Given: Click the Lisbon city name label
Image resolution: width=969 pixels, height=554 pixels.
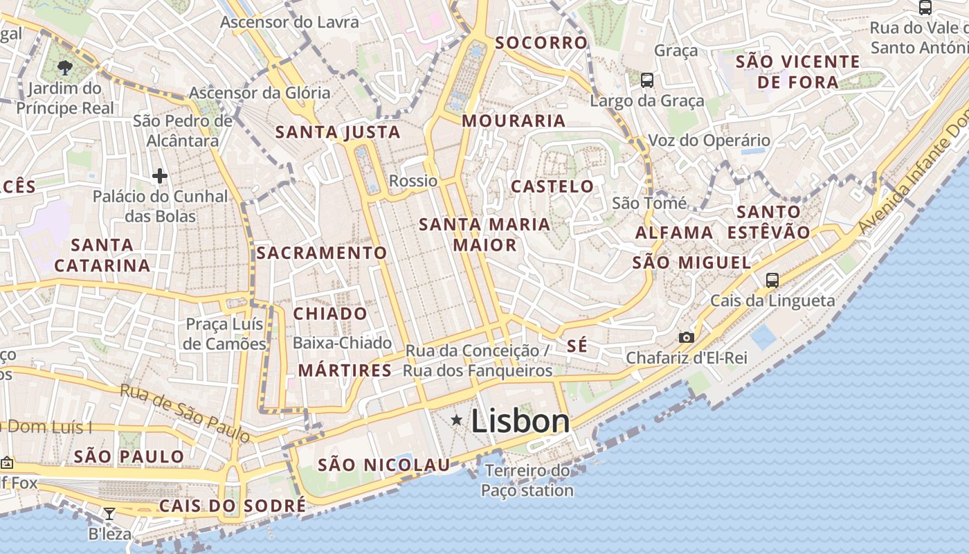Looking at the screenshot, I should tap(520, 421).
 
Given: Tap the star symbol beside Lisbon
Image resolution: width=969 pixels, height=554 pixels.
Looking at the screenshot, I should tap(457, 420).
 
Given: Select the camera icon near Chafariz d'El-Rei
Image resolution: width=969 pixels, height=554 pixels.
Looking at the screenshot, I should tap(686, 337).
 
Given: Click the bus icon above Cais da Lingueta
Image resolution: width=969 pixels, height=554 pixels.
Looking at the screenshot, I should tap(772, 280).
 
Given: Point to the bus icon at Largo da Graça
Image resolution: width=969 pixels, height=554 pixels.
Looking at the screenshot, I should tap(647, 80).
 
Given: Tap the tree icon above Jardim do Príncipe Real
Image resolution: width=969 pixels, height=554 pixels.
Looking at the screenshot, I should tap(65, 67).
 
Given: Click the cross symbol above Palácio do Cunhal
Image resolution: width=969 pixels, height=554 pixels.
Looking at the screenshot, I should tap(160, 176).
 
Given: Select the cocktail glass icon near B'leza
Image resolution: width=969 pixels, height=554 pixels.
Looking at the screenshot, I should tap(109, 513).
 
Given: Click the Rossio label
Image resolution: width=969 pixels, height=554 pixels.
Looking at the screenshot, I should tap(414, 181).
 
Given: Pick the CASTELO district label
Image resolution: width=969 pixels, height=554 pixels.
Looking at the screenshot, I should tap(552, 186).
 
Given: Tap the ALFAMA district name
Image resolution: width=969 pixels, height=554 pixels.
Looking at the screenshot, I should tap(674, 233).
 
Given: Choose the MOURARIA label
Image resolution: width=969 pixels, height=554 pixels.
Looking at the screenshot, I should tap(514, 120).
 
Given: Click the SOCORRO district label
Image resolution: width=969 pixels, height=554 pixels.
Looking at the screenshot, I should tap(541, 43).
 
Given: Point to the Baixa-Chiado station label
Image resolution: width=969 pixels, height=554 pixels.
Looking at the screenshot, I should tap(342, 343).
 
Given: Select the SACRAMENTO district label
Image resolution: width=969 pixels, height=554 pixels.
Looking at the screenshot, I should tap(322, 253).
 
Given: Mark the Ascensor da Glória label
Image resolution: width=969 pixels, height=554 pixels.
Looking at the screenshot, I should tap(260, 92).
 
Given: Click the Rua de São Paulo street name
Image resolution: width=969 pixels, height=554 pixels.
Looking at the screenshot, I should tap(185, 413).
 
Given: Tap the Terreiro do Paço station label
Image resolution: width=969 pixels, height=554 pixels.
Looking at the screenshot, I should tap(528, 481).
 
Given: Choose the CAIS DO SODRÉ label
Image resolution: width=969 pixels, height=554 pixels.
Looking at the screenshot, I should tap(232, 506).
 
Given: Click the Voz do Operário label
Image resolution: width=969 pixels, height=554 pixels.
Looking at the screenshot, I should tap(709, 141).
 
